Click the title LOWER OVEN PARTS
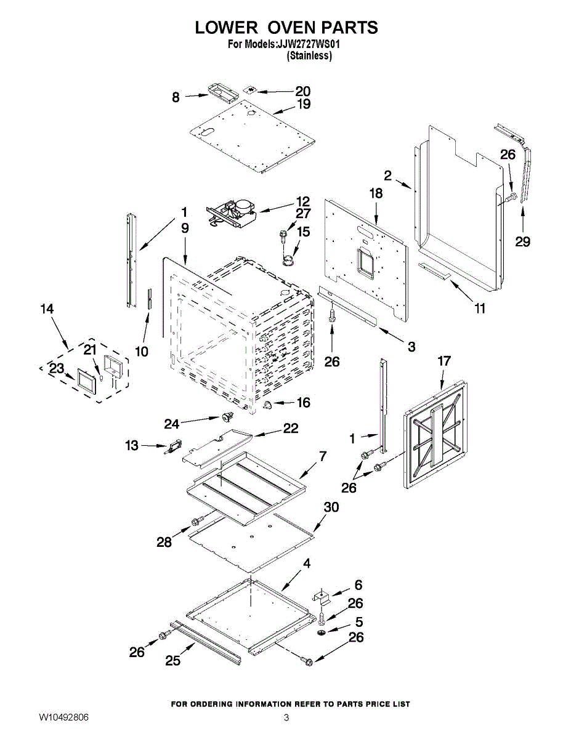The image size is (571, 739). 286,28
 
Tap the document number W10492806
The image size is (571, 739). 63,717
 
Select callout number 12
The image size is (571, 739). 302,201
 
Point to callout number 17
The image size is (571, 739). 444,361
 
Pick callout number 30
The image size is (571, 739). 331,507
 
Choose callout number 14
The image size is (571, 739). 47,309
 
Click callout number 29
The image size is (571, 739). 522,241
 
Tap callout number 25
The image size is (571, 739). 173,660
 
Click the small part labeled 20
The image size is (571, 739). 251,89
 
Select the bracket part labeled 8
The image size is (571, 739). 222,92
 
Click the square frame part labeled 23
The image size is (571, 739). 84,381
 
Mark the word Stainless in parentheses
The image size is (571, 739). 309,55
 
